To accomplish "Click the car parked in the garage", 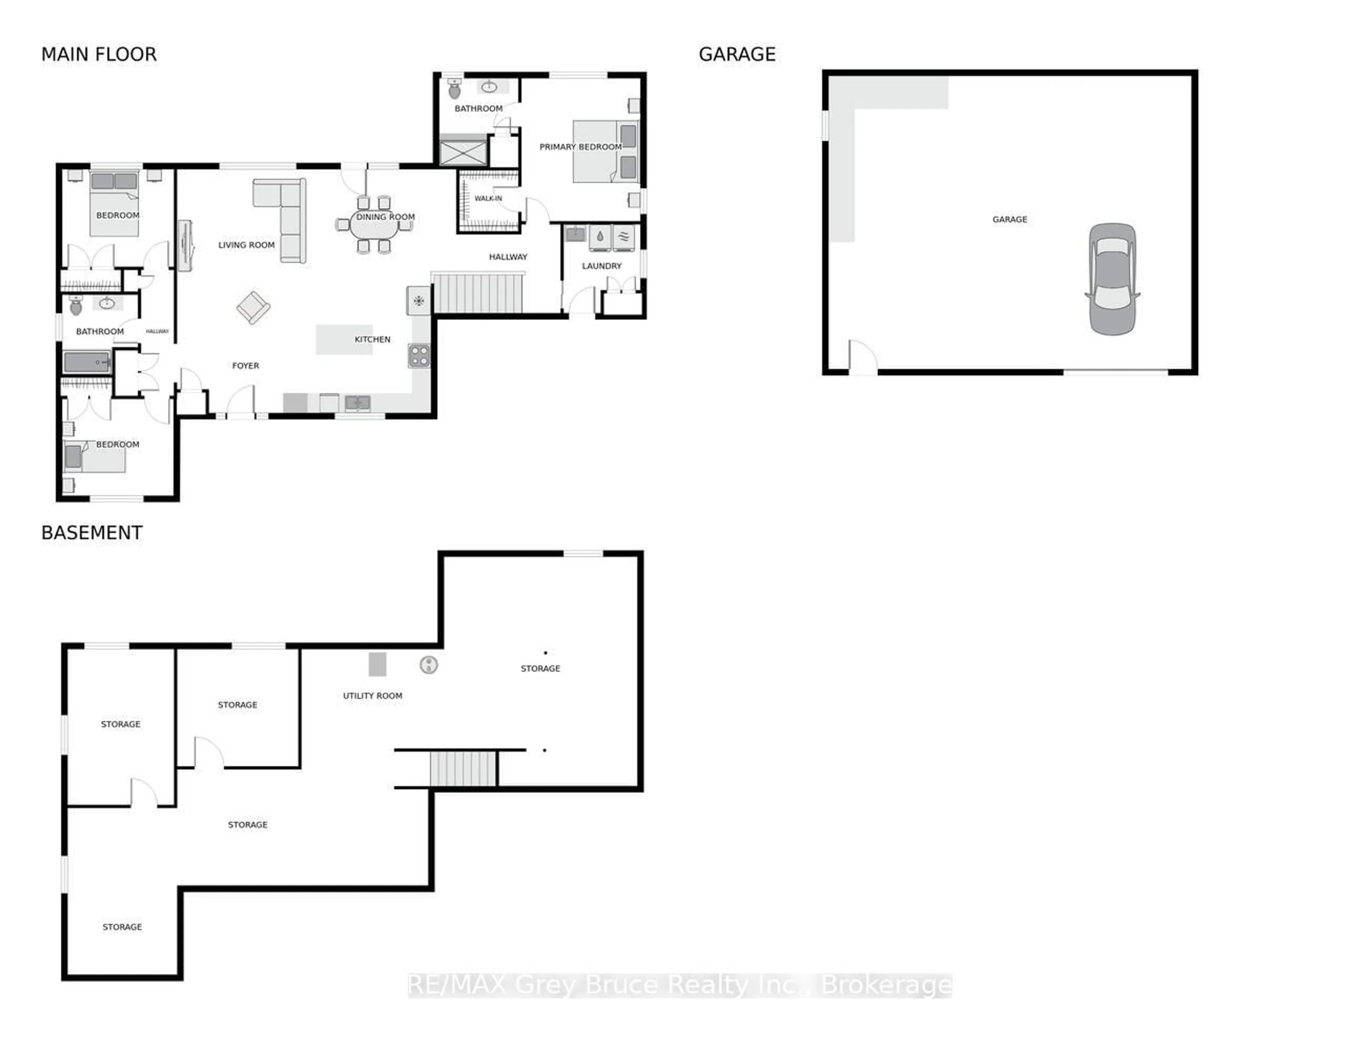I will tap(1112, 279).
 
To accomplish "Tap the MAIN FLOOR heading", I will tap(99, 55).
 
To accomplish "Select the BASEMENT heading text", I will tap(92, 533).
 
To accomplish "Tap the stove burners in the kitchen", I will tap(419, 356).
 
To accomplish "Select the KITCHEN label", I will tap(372, 339).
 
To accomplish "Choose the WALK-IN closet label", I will tap(488, 199).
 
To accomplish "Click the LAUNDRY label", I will tap(601, 266).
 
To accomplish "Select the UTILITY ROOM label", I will tap(372, 695).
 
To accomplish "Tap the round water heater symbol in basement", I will tap(429, 665).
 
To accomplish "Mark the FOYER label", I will tap(245, 365).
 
